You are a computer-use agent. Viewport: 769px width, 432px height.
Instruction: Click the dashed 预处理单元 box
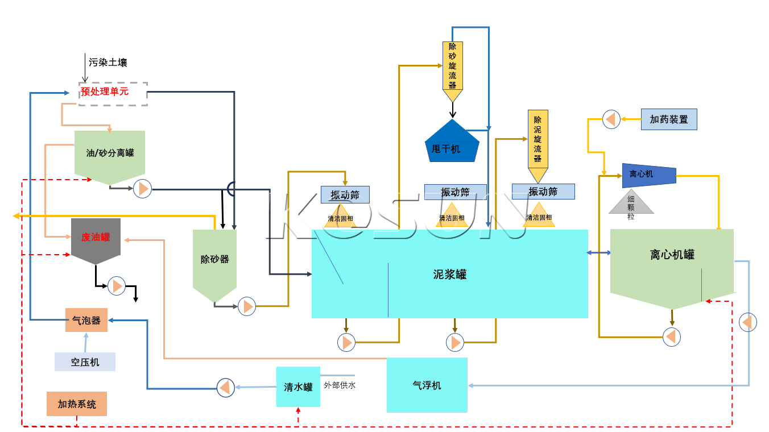coord(113,93)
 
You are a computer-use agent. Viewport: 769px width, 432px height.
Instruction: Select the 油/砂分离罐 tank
coord(110,153)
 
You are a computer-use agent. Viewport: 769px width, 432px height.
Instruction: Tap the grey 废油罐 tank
coord(96,238)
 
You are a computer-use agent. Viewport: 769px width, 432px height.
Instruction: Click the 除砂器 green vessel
coord(214,260)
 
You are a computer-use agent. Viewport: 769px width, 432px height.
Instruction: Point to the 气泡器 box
coord(86,321)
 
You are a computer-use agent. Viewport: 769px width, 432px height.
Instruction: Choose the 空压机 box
coord(85,362)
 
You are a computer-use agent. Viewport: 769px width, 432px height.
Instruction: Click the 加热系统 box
coord(77,404)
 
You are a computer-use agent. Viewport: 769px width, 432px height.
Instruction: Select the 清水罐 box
coord(298,387)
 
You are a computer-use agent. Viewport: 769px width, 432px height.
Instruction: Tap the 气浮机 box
coord(427,385)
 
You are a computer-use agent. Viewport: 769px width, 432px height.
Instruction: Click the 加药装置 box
coord(669,119)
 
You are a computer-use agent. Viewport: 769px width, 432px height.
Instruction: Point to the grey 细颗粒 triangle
coord(631,204)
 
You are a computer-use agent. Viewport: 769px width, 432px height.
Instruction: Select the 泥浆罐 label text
coord(449,275)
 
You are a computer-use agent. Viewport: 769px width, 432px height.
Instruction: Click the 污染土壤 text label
coord(108,63)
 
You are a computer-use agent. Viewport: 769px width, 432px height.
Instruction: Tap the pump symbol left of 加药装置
coord(611,119)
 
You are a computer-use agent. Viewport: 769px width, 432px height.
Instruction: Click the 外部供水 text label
coord(340,385)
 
